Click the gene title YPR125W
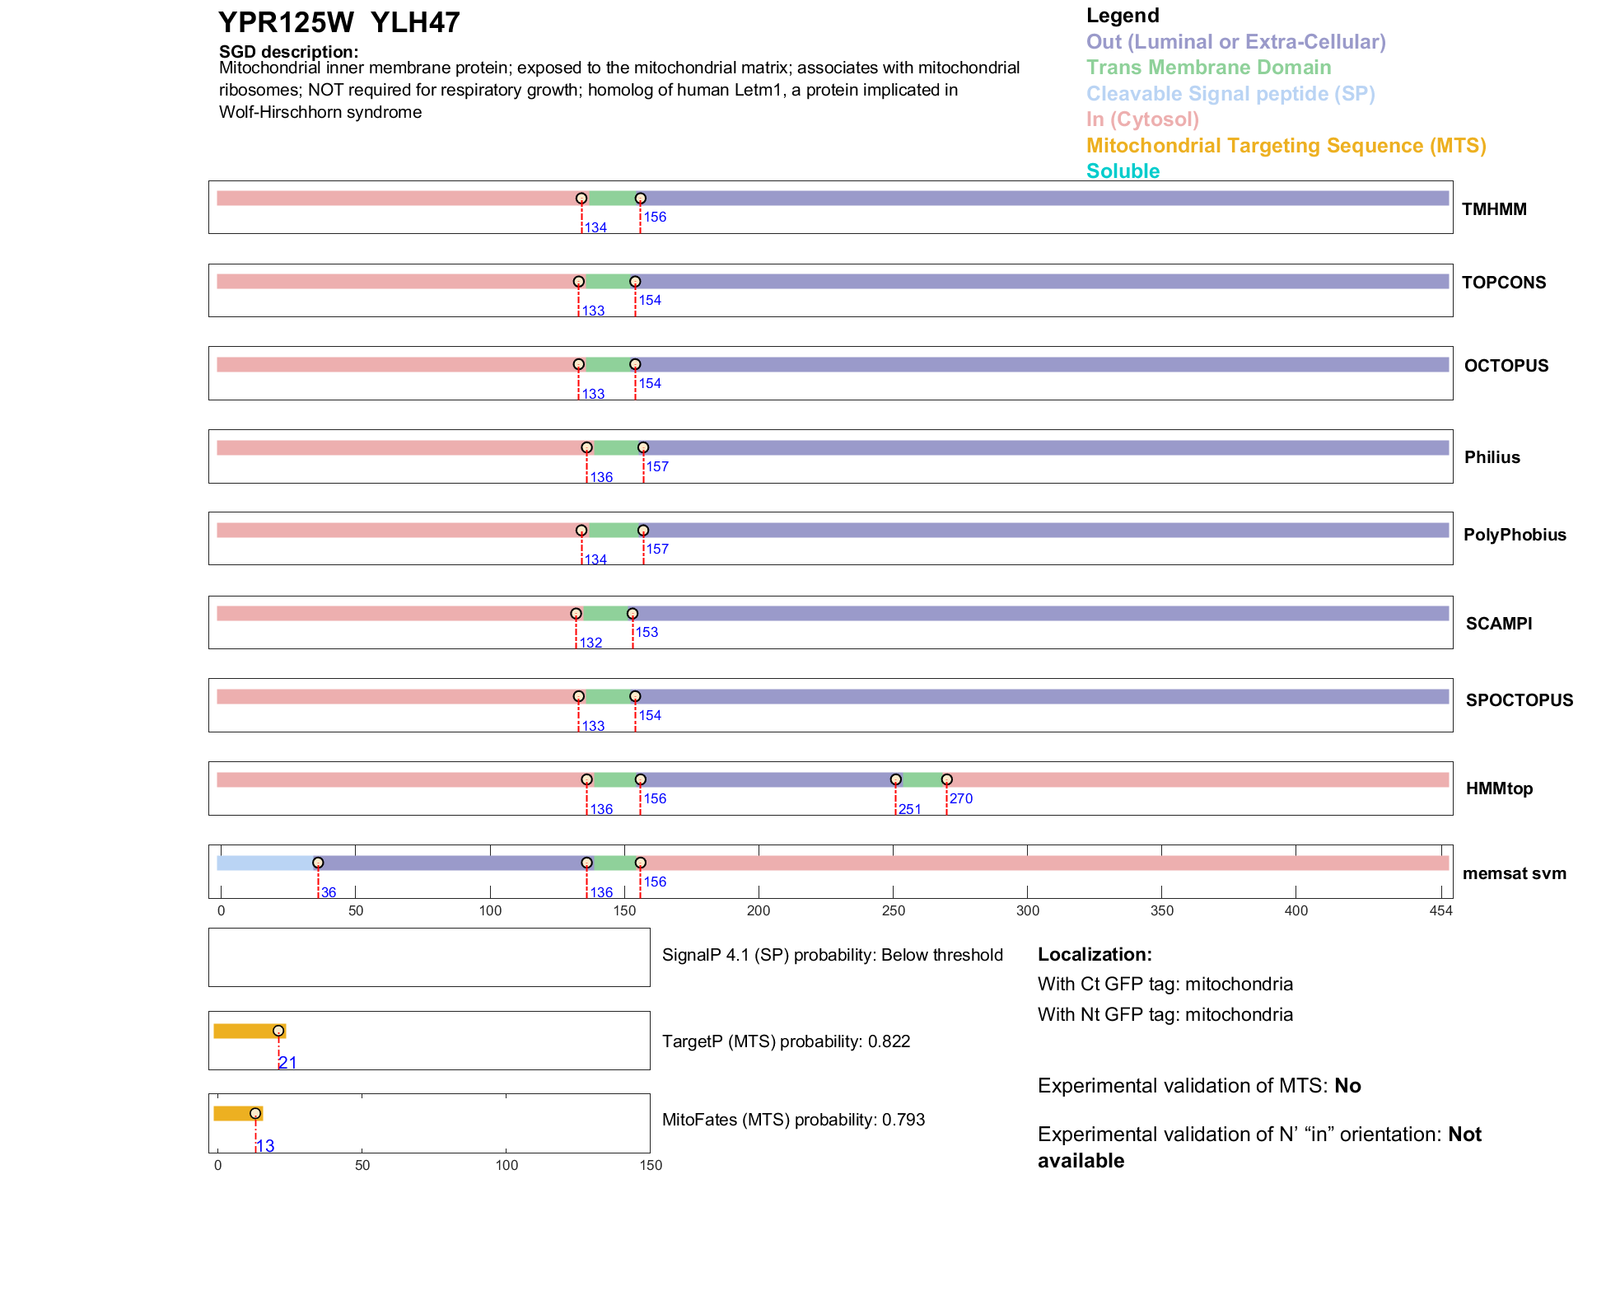tap(285, 23)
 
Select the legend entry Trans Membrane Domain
tap(1208, 68)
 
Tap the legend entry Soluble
tap(1123, 171)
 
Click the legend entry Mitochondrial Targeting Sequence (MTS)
tap(1286, 146)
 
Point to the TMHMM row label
tap(1494, 209)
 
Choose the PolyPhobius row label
tap(1514, 535)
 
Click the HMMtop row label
tap(1499, 788)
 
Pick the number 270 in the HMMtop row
tap(961, 798)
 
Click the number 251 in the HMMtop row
tap(910, 809)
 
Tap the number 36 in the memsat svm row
tap(329, 892)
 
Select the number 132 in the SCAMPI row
tap(591, 643)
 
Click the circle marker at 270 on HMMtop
tap(947, 779)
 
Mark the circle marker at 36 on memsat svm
tap(318, 863)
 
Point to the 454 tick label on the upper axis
tap(1440, 910)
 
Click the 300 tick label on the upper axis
tap(1027, 910)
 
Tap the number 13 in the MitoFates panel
tap(265, 1146)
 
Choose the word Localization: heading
tap(1094, 954)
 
